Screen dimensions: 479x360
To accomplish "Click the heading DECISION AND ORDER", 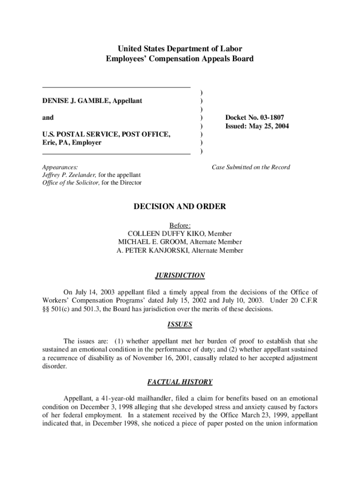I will [180, 207].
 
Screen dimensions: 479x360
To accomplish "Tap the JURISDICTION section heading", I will [180, 276].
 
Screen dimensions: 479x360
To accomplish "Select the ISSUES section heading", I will [180, 324].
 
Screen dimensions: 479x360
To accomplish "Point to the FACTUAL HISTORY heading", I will [180, 382].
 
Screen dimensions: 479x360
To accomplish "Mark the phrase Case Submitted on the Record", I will [251, 167].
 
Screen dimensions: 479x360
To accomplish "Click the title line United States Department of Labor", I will [180, 49].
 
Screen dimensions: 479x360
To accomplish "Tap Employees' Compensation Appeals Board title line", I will [180, 58].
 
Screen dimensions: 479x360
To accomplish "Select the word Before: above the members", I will [180, 225].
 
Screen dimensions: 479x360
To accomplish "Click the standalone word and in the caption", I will [48, 117].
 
